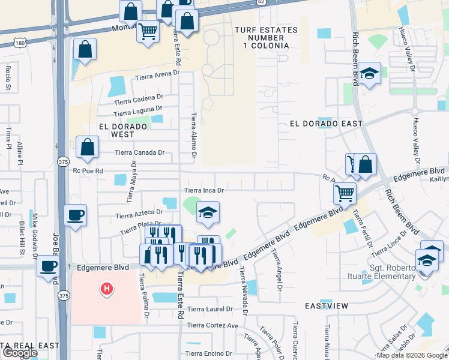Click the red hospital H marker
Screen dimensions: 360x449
pyautogui.click(x=107, y=289)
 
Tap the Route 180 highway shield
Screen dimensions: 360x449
pyautogui.click(x=20, y=43)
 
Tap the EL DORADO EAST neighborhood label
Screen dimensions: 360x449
pyautogui.click(x=326, y=124)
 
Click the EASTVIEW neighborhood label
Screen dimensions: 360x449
pyautogui.click(x=326, y=306)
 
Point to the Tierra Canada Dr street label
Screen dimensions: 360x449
pyautogui.click(x=140, y=152)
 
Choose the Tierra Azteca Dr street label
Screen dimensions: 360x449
pyautogui.click(x=139, y=214)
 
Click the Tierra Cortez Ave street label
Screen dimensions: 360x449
pyautogui.click(x=212, y=325)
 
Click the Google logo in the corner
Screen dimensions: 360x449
pyautogui.click(x=20, y=353)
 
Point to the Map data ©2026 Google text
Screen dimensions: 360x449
pyautogui.click(x=411, y=355)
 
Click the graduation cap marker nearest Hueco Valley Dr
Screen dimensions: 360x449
pyautogui.click(x=370, y=74)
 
